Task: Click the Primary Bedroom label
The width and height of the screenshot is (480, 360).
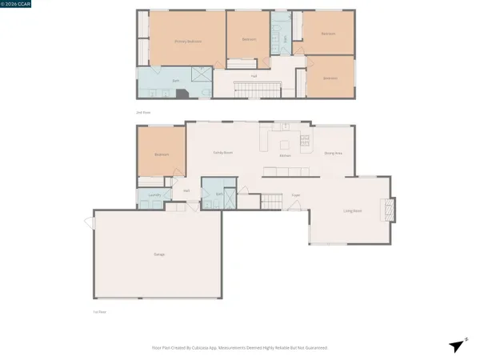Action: click(188, 42)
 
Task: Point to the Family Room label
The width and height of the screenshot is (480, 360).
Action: click(222, 152)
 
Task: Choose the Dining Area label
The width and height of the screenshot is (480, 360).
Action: click(333, 152)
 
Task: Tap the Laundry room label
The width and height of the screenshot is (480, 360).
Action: click(155, 194)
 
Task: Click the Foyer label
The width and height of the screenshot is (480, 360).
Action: click(295, 194)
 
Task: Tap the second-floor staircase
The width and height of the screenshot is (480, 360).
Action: click(254, 88)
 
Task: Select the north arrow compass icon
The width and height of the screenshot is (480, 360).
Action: click(456, 346)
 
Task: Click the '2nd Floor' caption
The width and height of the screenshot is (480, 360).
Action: click(144, 113)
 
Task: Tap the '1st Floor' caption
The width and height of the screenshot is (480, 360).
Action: click(100, 311)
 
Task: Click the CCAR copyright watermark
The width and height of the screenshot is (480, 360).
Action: click(17, 5)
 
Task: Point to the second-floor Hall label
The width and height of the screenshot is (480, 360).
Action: click(254, 76)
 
